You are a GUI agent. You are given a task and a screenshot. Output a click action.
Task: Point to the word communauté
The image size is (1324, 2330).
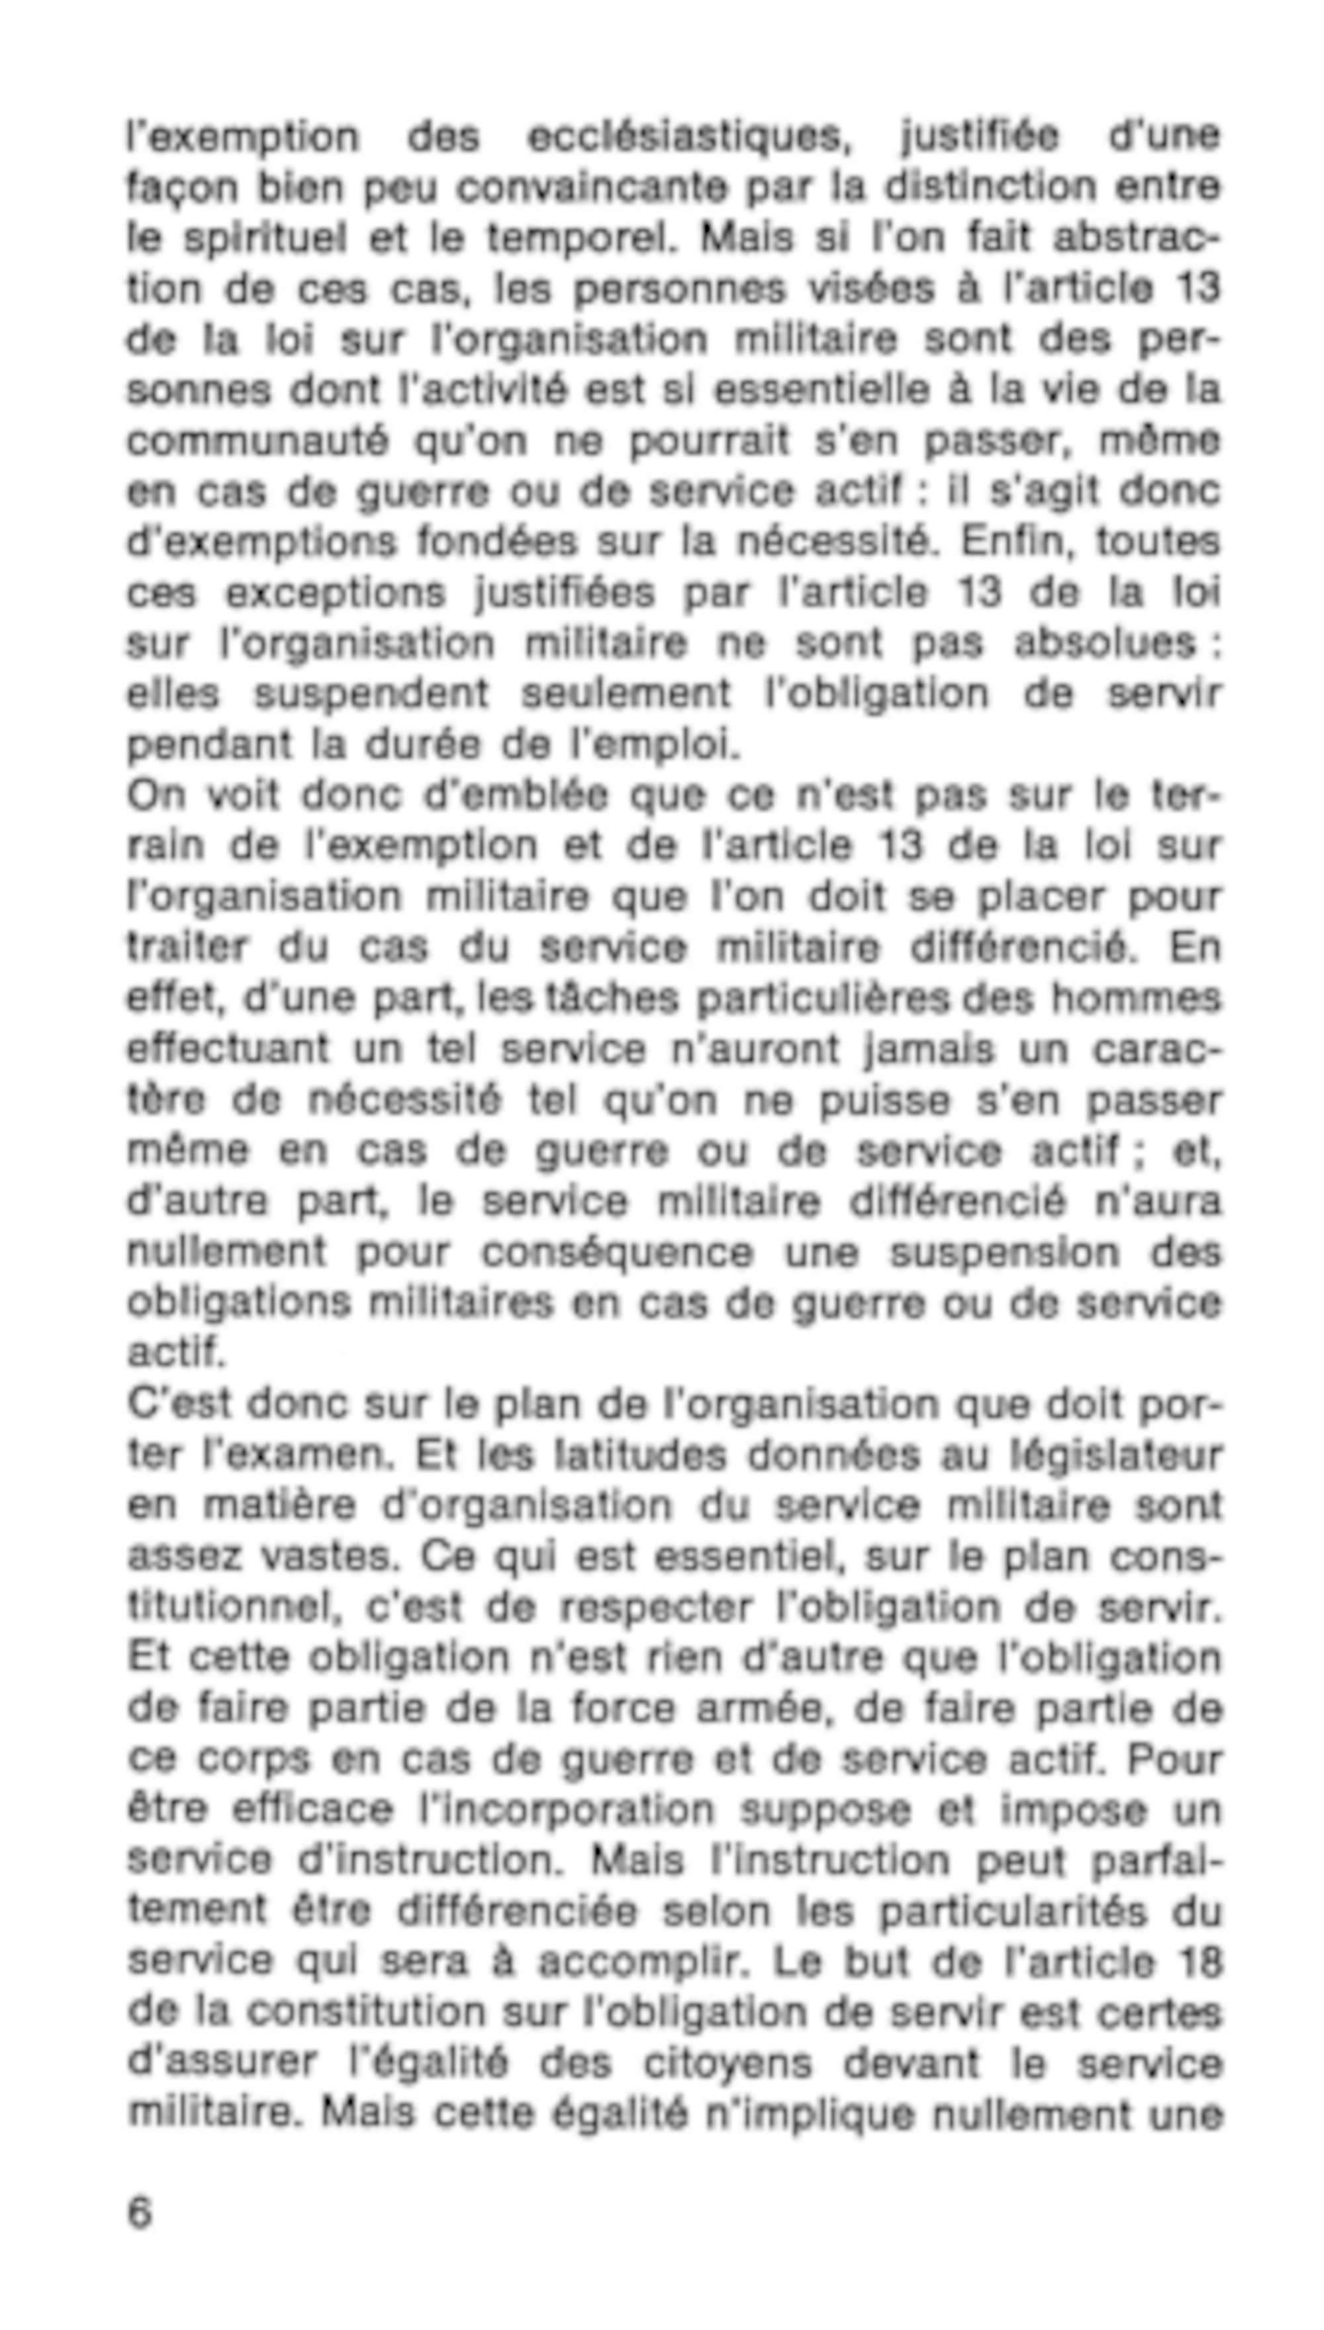[258, 441]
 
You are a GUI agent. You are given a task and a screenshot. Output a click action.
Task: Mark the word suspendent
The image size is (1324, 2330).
[371, 694]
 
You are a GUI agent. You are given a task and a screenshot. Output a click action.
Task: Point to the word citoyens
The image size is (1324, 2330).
[728, 2065]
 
